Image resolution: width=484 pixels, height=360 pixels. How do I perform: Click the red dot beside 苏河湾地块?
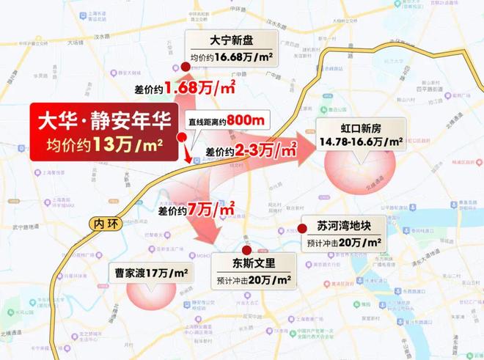(302, 228)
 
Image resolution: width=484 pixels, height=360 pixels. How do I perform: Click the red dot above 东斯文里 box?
(253, 243)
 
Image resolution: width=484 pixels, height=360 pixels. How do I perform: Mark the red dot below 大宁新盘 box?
(186, 67)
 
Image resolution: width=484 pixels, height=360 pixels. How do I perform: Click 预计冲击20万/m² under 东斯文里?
(253, 279)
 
